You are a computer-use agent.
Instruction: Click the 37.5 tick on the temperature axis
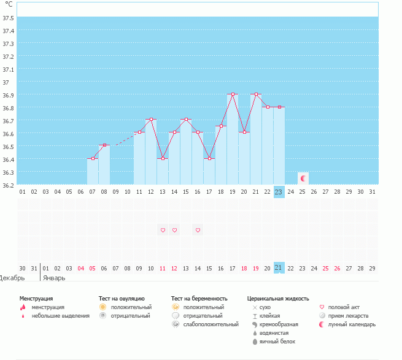(x=9, y=18)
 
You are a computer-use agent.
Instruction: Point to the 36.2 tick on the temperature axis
(x=9, y=185)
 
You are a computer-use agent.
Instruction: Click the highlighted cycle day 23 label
(x=279, y=192)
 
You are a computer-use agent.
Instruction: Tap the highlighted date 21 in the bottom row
(x=279, y=268)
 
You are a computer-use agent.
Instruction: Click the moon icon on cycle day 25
(x=303, y=178)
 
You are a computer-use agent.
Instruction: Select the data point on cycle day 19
(x=233, y=94)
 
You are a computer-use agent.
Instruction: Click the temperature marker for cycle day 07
(x=93, y=159)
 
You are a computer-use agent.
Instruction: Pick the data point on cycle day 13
(x=163, y=159)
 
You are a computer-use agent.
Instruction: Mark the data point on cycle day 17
(x=209, y=159)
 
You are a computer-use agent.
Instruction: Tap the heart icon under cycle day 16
(x=198, y=230)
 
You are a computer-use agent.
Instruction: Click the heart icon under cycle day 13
(x=163, y=230)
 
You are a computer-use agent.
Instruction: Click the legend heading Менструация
(x=36, y=298)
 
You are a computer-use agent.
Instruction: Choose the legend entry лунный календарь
(x=352, y=324)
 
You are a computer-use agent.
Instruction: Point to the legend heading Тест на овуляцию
(x=122, y=298)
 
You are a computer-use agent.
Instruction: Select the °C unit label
(x=9, y=5)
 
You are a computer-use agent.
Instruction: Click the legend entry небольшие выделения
(x=60, y=315)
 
